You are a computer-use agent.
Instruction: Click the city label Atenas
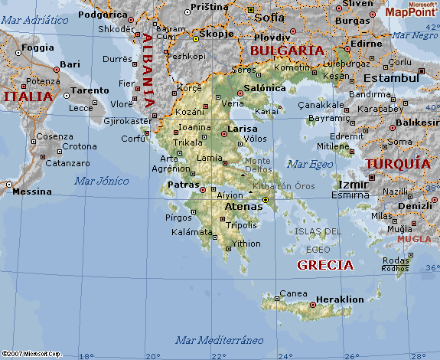pos(244,205)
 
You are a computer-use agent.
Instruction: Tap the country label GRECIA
pos(325,266)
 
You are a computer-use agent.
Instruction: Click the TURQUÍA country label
pos(396,164)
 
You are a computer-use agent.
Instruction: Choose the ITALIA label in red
pos(28,97)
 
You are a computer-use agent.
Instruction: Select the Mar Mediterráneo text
pos(219,339)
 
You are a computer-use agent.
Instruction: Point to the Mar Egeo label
pos(311,163)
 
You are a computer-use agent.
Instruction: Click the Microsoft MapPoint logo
pos(411,9)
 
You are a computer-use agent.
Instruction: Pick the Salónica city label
pos(264,88)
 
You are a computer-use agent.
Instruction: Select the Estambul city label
pos(391,77)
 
